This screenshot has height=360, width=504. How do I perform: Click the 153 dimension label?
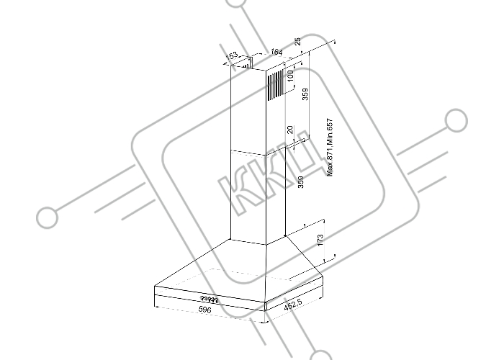[x=232, y=55]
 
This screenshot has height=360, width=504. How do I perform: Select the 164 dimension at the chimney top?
[x=276, y=52]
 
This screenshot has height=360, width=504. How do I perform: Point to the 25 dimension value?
[x=298, y=42]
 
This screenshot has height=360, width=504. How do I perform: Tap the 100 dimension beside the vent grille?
[x=290, y=76]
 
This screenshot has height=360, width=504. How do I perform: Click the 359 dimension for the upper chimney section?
[x=305, y=94]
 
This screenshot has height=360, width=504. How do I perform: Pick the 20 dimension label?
[x=290, y=130]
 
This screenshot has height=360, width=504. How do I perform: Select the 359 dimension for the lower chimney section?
[x=300, y=182]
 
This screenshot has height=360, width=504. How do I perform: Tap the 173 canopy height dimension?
[x=320, y=240]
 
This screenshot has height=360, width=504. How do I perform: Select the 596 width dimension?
[x=204, y=310]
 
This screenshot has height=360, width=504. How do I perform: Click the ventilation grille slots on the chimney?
[x=275, y=85]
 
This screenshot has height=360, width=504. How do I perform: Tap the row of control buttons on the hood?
[x=210, y=300]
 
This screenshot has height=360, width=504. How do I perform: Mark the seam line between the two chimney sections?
[x=248, y=153]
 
